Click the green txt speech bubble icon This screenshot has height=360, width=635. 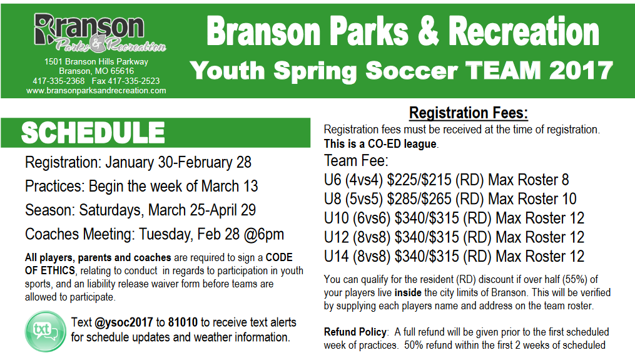45,331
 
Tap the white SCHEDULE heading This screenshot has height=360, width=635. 93,133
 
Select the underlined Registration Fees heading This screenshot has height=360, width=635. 468,113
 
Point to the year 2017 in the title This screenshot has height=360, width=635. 581,71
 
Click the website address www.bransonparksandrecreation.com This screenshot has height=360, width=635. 96,91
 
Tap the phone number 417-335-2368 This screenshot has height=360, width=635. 59,81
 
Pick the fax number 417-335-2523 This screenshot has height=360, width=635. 134,81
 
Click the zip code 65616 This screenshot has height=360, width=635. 122,71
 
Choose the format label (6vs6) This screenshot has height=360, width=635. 372,218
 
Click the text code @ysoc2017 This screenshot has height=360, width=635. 123,322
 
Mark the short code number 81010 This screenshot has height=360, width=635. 183,322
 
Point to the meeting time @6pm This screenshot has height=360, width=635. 264,234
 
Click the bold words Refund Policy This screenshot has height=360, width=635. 355,332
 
